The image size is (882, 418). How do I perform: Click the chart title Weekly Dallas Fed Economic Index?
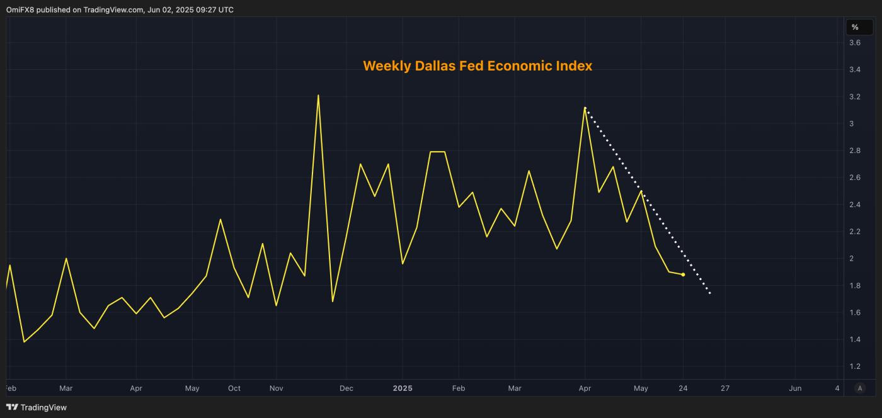click(478, 66)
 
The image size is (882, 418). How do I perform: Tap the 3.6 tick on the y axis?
click(855, 43)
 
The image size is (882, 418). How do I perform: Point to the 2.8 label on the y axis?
click(855, 150)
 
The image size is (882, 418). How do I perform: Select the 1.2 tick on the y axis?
click(855, 366)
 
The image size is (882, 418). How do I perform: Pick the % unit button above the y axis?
click(855, 27)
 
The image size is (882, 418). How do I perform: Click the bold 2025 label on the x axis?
click(403, 388)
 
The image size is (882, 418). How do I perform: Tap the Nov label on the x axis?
click(276, 388)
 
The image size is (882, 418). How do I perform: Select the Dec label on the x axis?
click(346, 388)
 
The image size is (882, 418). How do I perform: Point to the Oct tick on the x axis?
click(234, 388)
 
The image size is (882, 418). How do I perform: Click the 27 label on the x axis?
click(725, 388)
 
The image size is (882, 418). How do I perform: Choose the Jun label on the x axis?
click(795, 388)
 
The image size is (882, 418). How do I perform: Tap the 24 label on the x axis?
click(683, 388)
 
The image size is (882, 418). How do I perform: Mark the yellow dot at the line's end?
click(683, 274)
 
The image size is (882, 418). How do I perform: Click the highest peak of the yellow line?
click(318, 95)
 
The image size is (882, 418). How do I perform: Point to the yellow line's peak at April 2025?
click(585, 108)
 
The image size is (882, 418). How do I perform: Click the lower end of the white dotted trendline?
click(711, 293)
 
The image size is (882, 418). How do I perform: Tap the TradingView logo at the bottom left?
click(37, 407)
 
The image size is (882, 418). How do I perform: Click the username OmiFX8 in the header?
click(20, 9)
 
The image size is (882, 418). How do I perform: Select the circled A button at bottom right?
click(861, 388)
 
